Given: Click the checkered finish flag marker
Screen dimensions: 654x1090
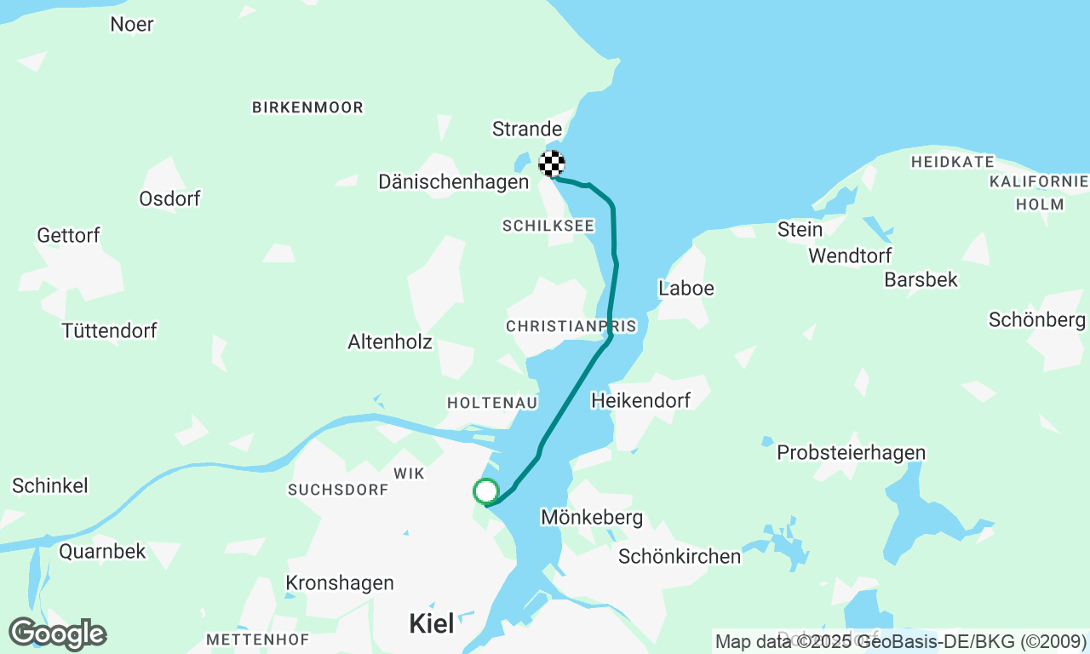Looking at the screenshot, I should (552, 163).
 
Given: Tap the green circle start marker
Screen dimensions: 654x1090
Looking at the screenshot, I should (485, 491).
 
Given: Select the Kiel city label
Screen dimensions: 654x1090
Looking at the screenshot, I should (432, 623).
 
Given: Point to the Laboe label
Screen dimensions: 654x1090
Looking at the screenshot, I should (686, 289).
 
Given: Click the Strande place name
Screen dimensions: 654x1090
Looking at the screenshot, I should (527, 129).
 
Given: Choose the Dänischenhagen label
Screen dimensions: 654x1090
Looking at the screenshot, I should (453, 181).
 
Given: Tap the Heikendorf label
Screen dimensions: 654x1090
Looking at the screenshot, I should (640, 399).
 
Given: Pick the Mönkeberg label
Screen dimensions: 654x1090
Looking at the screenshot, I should (592, 517).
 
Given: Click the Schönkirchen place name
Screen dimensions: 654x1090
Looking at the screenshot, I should (680, 557).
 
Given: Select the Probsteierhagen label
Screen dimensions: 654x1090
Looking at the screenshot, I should (851, 453).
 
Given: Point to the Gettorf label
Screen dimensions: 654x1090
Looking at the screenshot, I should (68, 235).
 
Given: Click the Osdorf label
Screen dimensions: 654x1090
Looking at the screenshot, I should (169, 198).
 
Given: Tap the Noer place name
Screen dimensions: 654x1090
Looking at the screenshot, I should (132, 24).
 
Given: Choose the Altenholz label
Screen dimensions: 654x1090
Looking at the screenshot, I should (390, 342).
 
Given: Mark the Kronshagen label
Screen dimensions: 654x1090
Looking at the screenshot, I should (340, 583).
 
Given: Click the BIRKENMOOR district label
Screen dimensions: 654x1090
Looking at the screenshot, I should (307, 107).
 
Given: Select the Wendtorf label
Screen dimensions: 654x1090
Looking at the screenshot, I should (850, 255).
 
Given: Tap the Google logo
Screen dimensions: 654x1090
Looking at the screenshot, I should (57, 634).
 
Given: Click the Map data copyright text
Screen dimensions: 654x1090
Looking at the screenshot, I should (900, 641).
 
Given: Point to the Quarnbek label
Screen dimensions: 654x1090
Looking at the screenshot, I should (102, 551).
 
